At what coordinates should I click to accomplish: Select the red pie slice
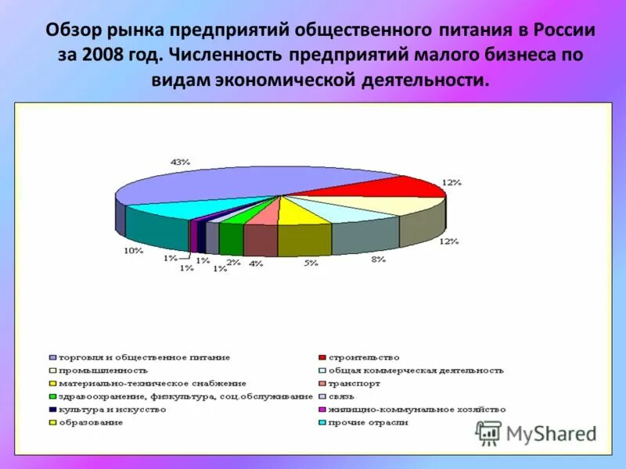[x=376, y=187]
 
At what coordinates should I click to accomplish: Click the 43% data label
[x=180, y=161]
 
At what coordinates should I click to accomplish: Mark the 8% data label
[x=378, y=259]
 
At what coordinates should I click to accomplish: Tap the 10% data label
[x=133, y=251]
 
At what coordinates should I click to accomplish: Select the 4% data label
[x=257, y=263]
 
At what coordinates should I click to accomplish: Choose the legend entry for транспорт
[x=354, y=383]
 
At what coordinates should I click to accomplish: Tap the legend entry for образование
[x=89, y=422]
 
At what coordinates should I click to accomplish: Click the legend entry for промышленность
[x=102, y=370]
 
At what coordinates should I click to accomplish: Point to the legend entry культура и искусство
[x=110, y=409]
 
